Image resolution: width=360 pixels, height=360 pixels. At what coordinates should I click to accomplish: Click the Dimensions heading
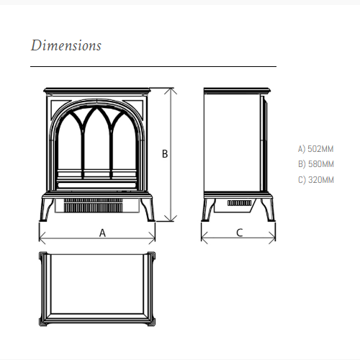click(x=66, y=45)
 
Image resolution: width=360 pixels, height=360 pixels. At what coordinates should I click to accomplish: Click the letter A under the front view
click(x=102, y=233)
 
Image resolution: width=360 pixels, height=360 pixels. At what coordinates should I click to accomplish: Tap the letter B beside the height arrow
click(x=165, y=154)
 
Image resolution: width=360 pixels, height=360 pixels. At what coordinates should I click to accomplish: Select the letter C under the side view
click(x=240, y=233)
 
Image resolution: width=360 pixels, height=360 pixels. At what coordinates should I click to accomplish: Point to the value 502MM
click(x=320, y=149)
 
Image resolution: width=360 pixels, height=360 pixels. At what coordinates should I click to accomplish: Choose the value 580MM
click(x=321, y=164)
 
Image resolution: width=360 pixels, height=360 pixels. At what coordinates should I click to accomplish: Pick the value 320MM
click(x=321, y=180)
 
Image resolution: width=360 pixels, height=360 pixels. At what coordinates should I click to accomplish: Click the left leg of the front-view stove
click(x=47, y=210)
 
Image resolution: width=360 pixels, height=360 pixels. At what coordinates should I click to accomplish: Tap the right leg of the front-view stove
click(x=148, y=210)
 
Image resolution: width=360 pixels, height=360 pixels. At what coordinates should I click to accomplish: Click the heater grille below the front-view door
click(x=94, y=205)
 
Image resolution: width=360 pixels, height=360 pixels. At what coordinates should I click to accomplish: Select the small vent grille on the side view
click(x=240, y=203)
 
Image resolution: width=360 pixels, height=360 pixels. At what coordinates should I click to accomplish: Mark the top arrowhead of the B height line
click(x=171, y=91)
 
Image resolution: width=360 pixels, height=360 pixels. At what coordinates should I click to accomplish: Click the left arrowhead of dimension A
click(x=42, y=238)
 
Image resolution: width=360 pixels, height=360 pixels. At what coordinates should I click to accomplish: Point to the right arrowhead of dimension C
click(x=272, y=238)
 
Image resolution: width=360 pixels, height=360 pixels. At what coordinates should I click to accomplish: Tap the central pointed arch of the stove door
click(x=97, y=143)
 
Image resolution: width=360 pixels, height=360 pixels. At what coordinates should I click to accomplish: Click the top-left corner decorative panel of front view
click(x=60, y=106)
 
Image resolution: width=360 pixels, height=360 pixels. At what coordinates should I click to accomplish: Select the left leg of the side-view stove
click(x=208, y=210)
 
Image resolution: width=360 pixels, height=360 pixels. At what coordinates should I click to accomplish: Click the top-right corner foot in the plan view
click(x=151, y=256)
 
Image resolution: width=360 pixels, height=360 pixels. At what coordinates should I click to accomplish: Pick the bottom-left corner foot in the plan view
click(x=43, y=322)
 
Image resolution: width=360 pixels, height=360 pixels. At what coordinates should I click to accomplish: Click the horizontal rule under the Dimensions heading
click(x=153, y=66)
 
